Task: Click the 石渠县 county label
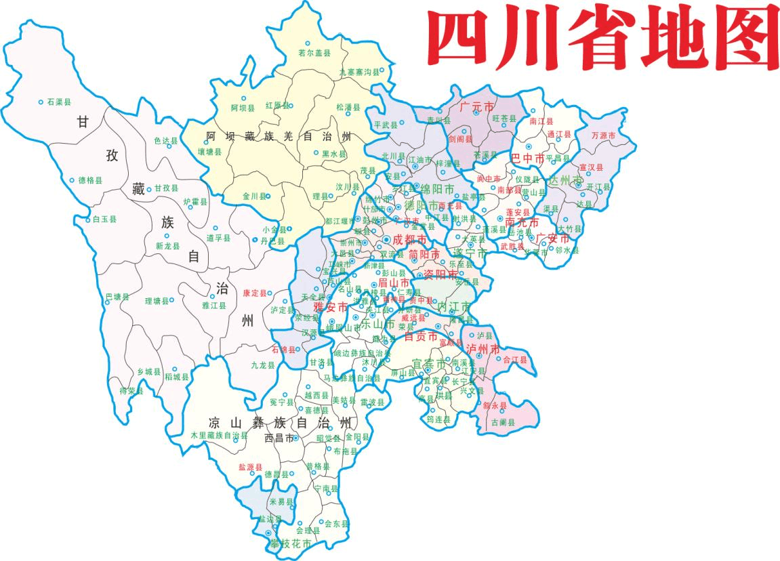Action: [59, 102]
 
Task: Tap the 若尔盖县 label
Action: [314, 53]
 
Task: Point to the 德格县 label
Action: [90, 180]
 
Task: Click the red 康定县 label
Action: [255, 293]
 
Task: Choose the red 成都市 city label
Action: [410, 240]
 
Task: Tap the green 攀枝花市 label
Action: [291, 544]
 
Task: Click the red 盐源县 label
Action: [251, 467]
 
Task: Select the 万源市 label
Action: [603, 136]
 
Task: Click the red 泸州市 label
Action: [483, 349]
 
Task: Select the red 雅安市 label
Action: [330, 306]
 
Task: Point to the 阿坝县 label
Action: [243, 108]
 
